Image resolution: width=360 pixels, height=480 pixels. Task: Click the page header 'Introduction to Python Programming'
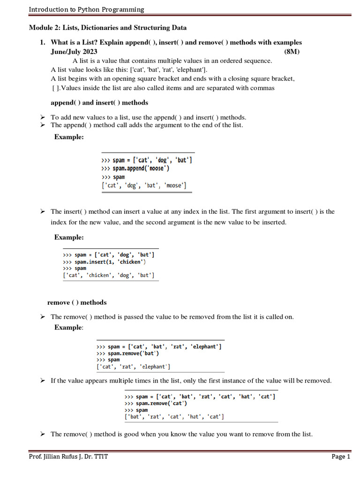coord(86,9)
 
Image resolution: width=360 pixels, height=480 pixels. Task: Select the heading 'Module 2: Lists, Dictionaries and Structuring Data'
coord(108,28)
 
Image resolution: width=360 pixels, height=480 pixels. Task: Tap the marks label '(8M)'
coord(292,52)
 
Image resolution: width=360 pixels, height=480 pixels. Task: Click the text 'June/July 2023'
coord(74,52)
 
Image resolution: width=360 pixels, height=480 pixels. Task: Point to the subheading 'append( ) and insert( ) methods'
coord(99,103)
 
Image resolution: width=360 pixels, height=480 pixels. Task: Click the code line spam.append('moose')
coord(135,168)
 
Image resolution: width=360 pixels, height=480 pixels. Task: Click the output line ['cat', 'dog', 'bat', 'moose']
coord(144,186)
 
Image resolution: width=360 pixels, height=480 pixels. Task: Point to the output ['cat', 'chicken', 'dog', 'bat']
coord(109,275)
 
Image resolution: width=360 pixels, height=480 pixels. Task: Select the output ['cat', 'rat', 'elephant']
coord(134,367)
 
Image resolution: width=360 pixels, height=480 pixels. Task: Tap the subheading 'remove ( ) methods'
coord(77,302)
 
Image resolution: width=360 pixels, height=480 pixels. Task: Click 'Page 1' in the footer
coord(341,457)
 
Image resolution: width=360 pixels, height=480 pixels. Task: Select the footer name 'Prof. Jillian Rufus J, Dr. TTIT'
coord(68,457)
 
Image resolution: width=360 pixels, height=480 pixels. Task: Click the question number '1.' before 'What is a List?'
coord(42,42)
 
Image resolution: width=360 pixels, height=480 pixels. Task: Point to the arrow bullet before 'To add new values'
coord(42,117)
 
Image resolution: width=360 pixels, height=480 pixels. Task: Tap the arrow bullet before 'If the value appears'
coord(42,381)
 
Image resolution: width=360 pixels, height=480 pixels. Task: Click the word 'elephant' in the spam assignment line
coord(204,346)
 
